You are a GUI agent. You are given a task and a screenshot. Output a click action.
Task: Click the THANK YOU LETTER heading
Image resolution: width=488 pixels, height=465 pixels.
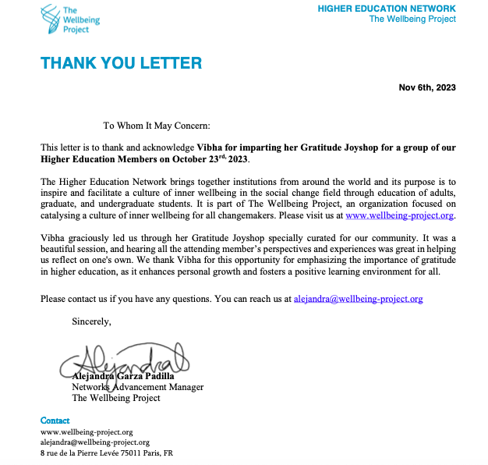pos(121,63)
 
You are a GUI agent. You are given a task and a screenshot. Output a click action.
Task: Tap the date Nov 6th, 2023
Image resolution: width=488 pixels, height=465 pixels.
pos(427,87)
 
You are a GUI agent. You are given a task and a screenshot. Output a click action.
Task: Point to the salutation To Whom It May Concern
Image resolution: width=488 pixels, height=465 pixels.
pos(157,125)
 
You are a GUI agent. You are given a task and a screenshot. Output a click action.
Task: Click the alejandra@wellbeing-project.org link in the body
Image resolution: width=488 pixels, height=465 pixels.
pos(358,298)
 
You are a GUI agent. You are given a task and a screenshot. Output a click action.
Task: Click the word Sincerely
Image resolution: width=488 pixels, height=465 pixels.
pos(91,321)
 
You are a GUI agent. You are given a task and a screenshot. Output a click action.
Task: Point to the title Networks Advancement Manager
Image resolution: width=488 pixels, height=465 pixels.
pos(138,387)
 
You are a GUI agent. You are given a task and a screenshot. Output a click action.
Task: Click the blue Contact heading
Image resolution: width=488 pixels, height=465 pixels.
pos(55,421)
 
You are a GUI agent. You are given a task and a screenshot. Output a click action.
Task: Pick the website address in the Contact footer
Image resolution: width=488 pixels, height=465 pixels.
pos(87,431)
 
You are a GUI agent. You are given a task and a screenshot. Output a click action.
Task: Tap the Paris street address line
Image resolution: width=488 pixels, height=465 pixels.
pos(107,453)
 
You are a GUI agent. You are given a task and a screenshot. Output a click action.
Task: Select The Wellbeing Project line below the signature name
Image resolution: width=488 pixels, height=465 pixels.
pos(116,398)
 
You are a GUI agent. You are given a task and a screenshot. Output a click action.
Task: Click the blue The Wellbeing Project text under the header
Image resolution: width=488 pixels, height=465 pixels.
pos(412,20)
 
